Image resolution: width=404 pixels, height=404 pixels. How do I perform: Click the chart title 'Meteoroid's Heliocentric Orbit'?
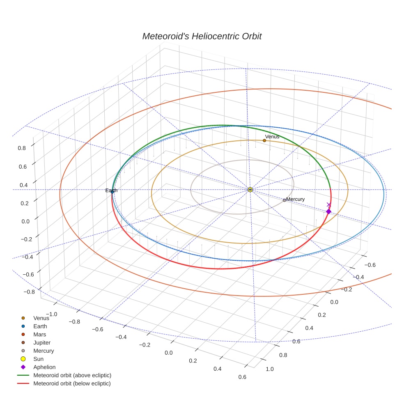tap(202, 36)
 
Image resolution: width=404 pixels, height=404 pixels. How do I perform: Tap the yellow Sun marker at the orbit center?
tap(250, 190)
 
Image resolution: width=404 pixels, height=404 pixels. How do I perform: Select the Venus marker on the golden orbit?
tap(264, 140)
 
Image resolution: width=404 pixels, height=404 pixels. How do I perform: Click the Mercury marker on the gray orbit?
tap(284, 200)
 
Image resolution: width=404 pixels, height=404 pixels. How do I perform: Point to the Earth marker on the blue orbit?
tap(112, 192)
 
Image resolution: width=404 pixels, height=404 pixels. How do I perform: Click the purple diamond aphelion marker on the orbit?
tap(328, 211)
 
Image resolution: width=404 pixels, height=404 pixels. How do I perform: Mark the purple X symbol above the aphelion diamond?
tap(328, 204)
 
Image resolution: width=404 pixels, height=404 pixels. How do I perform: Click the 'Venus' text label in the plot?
tap(272, 136)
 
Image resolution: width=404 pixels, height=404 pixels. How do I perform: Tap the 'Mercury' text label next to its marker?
tap(296, 199)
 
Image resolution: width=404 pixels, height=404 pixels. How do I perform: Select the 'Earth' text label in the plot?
tap(111, 191)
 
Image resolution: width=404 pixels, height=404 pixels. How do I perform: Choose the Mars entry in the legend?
tap(39, 335)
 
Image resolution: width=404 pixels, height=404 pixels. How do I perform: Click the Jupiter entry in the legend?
tap(42, 343)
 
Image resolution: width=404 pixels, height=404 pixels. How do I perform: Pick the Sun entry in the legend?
tap(38, 359)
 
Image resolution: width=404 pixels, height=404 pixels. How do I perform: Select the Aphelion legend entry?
tap(44, 367)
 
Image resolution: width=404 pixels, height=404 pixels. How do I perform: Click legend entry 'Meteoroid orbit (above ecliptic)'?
tap(72, 375)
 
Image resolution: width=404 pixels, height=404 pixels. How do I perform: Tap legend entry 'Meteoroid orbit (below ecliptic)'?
tap(72, 383)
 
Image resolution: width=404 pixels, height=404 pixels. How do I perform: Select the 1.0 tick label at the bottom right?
tap(270, 369)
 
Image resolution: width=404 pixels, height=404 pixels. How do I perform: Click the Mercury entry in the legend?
tap(44, 351)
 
